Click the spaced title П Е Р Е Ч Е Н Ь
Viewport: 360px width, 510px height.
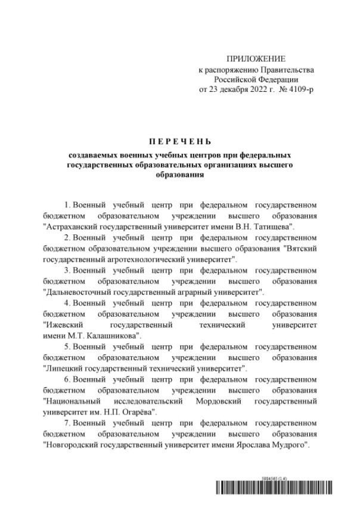pyautogui.click(x=179, y=141)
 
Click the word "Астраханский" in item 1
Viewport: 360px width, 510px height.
pyautogui.click(x=70, y=227)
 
